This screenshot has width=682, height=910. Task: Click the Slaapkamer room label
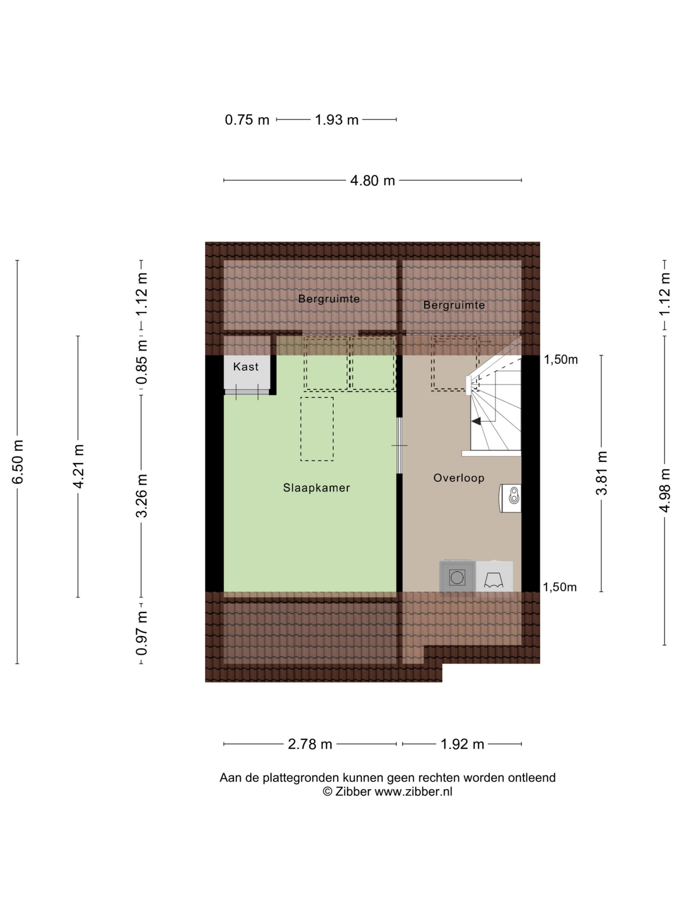coord(316,488)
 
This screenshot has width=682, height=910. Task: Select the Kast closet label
coord(246,366)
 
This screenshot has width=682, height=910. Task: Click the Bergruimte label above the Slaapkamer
coord(329,299)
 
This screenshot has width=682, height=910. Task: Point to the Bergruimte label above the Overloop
coord(454,305)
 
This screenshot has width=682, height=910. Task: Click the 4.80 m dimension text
coord(373,181)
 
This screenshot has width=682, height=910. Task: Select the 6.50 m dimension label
coord(18,462)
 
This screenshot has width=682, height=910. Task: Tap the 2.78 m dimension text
coord(310,744)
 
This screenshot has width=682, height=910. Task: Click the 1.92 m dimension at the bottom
coord(462,744)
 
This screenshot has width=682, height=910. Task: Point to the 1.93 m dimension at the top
coord(337,120)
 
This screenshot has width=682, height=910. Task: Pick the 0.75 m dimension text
coord(247,120)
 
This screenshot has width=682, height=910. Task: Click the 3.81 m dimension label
coord(601,473)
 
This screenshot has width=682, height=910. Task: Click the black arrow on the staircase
coord(476,421)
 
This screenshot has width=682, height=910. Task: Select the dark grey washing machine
coord(457,577)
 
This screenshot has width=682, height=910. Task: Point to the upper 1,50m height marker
coord(561,360)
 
